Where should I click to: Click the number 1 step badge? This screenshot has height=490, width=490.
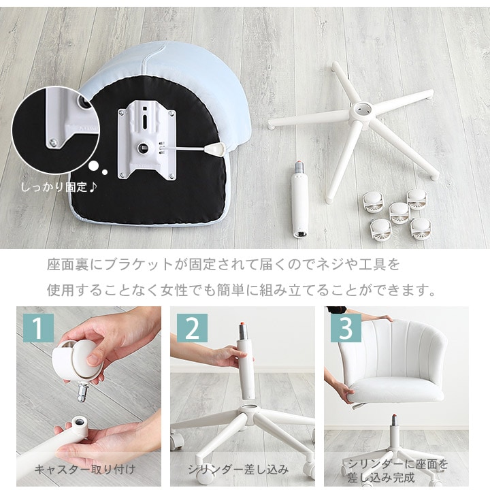pyautogui.click(x=38, y=328)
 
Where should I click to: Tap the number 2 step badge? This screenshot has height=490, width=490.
pyautogui.click(x=192, y=328)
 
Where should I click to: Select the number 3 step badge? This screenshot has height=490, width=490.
pyautogui.click(x=346, y=328)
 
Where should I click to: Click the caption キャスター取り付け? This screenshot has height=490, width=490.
pyautogui.click(x=85, y=470)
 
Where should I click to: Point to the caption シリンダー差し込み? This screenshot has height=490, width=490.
pyautogui.click(x=238, y=470)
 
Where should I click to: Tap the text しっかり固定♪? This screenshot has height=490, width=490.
pyautogui.click(x=59, y=187)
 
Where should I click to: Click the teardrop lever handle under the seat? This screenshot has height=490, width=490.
pyautogui.click(x=215, y=149)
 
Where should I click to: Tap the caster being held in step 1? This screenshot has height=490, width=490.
pyautogui.click(x=79, y=360)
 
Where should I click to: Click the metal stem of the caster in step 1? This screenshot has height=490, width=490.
pyautogui.click(x=82, y=393)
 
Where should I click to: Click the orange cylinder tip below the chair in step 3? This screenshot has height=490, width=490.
pyautogui.click(x=395, y=416)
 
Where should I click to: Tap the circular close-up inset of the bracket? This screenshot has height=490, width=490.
pyautogui.click(x=56, y=130)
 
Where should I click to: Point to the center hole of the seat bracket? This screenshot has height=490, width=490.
pyautogui.click(x=144, y=148)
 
